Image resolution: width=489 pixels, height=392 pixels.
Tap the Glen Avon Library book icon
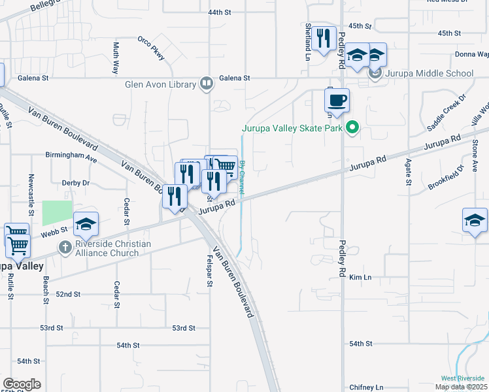tap(207, 84)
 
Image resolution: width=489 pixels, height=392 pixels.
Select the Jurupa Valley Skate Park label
tap(292, 128)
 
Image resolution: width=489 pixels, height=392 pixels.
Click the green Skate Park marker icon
tap(353, 128)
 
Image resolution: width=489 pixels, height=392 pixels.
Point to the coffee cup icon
tap(337, 101)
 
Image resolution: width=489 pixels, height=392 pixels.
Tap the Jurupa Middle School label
tap(429, 73)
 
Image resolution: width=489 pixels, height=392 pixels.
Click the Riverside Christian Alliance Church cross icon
tap(64, 248)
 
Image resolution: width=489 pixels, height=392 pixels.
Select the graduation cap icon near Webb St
tap(86, 224)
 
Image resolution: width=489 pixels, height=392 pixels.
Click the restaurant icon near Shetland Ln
tap(324, 39)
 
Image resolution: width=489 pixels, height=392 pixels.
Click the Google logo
tap(21, 384)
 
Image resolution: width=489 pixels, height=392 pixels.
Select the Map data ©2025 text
tap(461, 387)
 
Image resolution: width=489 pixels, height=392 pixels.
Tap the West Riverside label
tap(463, 378)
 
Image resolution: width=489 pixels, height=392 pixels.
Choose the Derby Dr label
tap(75, 184)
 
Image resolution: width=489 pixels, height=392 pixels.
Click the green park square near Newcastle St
tap(58, 213)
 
